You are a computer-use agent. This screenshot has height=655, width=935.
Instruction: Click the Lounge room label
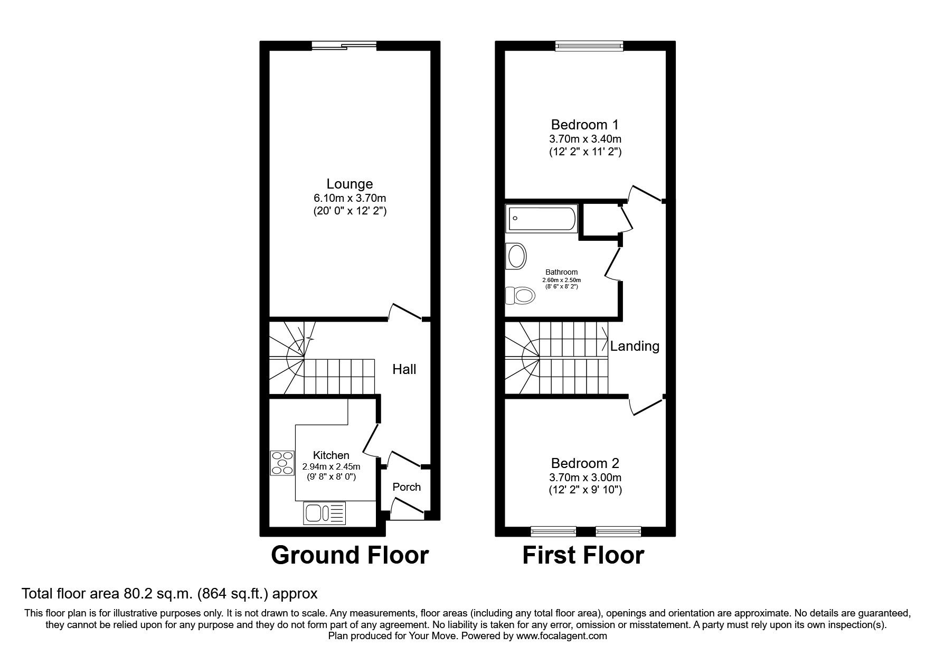tap(350, 184)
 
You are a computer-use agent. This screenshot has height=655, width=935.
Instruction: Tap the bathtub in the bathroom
tap(541, 219)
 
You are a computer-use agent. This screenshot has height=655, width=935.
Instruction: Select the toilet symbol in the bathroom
tap(520, 295)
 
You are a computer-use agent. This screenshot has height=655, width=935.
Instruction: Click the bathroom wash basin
tap(516, 257)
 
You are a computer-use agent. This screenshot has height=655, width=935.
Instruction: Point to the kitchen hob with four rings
tap(282, 463)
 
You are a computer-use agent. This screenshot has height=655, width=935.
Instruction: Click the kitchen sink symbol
tap(324, 513)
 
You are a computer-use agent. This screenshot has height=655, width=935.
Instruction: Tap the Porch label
tap(407, 487)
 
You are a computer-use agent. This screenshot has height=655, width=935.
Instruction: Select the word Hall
tap(404, 369)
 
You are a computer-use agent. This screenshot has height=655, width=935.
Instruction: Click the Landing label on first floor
tap(635, 347)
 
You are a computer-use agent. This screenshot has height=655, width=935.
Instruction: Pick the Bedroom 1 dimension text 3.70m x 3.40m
tap(585, 139)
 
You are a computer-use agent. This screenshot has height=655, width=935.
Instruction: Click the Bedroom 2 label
tap(585, 463)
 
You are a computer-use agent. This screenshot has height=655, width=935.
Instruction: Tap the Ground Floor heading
tap(350, 556)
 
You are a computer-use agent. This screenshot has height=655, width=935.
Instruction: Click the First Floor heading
tap(583, 556)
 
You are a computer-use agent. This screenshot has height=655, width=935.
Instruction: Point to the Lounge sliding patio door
tap(344, 46)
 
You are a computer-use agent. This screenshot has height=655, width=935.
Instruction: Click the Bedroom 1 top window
tap(589, 46)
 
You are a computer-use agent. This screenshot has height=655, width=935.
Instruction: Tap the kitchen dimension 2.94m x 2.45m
tap(331, 467)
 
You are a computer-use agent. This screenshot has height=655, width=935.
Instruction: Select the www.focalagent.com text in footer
tap(562, 636)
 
